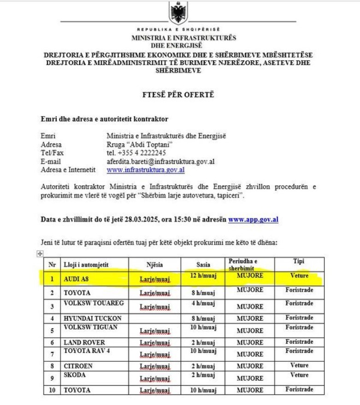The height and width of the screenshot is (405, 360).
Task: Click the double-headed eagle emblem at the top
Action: point(178,12)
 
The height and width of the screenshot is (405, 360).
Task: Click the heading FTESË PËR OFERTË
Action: point(178,95)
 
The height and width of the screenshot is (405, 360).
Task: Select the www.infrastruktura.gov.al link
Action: point(146,170)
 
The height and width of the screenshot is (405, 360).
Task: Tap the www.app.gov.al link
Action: point(253,220)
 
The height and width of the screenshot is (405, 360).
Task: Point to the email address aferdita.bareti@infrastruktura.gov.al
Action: point(160,161)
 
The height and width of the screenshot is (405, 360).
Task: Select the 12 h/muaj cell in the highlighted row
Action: point(203,276)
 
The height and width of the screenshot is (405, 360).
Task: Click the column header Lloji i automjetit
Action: point(85,265)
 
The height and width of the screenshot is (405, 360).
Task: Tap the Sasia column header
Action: point(203,264)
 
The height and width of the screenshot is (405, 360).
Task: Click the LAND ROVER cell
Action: point(84,342)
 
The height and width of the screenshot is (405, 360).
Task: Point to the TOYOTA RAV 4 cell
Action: point(87,351)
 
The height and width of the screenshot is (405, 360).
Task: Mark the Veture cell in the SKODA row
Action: point(299,375)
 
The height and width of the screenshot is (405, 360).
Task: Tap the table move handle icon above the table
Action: point(39,254)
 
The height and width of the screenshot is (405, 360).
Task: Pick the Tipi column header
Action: point(299,261)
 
